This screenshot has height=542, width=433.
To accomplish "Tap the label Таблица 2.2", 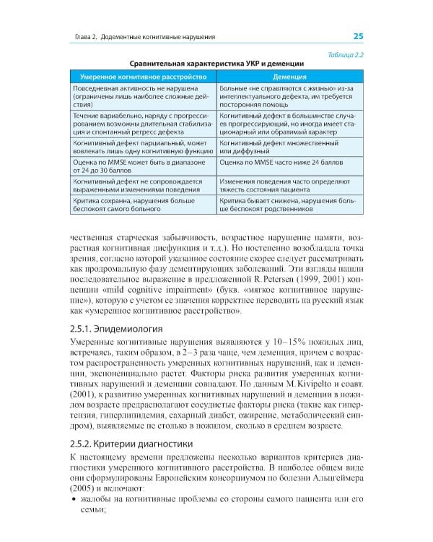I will click(x=345, y=54).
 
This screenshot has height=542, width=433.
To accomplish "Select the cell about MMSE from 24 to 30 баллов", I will click(x=138, y=168).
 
